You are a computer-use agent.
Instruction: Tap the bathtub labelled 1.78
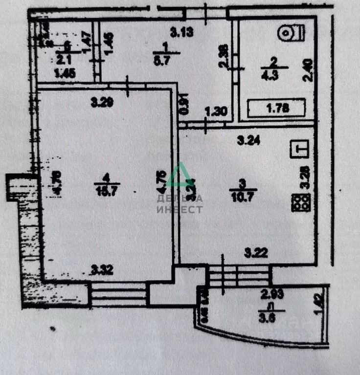(277, 108)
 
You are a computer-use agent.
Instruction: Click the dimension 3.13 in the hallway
(181, 33)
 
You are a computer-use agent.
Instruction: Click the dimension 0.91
(185, 105)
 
